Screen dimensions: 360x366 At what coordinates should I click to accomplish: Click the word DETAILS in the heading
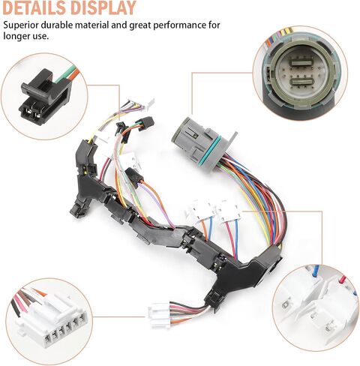tap(34, 7)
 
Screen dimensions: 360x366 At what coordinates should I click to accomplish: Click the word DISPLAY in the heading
tap(103, 7)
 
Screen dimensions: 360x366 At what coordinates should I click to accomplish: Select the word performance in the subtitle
tap(177, 25)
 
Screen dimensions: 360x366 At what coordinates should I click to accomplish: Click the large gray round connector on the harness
tap(197, 141)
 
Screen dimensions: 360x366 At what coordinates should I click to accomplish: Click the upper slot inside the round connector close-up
tap(301, 61)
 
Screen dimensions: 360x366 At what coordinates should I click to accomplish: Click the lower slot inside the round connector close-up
tap(301, 82)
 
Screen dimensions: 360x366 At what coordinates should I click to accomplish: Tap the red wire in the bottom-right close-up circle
tap(343, 279)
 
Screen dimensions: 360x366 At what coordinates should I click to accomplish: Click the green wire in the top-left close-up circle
tap(65, 73)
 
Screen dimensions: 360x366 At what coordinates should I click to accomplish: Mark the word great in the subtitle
tap(140, 25)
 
